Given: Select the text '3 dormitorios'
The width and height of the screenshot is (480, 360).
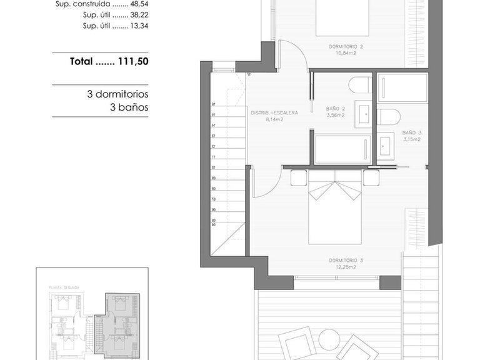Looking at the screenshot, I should (117, 94).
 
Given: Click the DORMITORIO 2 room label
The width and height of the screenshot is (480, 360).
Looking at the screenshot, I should (346, 47).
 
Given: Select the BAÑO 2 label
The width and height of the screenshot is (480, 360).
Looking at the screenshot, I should (335, 109).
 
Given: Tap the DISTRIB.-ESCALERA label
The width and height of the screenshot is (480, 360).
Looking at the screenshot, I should (274, 113).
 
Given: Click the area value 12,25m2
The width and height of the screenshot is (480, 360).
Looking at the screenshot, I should (345, 267).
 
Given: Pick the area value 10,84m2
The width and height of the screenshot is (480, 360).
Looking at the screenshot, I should (346, 54).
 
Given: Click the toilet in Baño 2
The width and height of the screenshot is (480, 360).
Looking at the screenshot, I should (360, 86).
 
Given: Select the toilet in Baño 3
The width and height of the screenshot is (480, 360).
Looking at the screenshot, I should (389, 117).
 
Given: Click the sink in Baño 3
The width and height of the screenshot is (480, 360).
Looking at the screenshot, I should (386, 144).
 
